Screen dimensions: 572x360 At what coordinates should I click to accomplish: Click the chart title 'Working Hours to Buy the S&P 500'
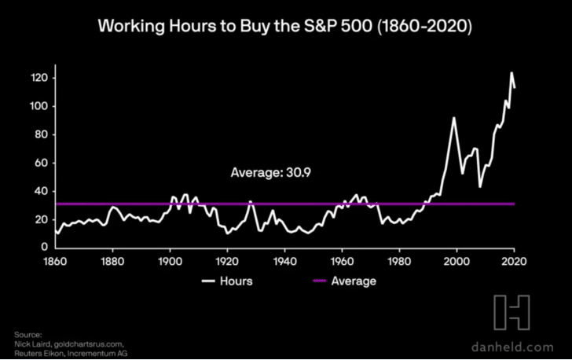coord(235,26)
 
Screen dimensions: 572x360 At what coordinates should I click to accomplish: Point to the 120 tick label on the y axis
coord(39,78)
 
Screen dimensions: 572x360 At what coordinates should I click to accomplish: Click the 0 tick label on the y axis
coord(45,247)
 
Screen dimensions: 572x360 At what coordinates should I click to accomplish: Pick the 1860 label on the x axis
coord(55,262)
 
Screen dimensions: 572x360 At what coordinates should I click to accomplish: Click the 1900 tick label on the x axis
coord(170,262)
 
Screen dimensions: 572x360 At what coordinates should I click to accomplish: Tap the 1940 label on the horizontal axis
coord(284,262)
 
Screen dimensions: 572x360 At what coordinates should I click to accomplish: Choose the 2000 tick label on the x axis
coord(456,262)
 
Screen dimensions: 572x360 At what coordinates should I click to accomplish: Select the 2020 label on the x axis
coord(514,262)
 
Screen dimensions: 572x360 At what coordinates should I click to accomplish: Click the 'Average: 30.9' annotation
coord(270,172)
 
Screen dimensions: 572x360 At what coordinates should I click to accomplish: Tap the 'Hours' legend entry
coord(227,281)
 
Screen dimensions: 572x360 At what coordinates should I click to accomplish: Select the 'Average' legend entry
coord(344,281)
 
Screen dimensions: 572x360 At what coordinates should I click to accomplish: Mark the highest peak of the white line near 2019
coord(511,72)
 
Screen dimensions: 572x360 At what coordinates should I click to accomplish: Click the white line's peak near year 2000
coord(454,118)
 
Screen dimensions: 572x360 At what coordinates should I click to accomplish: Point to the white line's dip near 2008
coord(480,187)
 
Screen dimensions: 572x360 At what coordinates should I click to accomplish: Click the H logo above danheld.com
coord(511,313)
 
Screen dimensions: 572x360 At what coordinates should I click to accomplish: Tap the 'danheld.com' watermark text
coord(512,347)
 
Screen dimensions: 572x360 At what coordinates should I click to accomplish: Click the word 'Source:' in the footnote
coord(28,335)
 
